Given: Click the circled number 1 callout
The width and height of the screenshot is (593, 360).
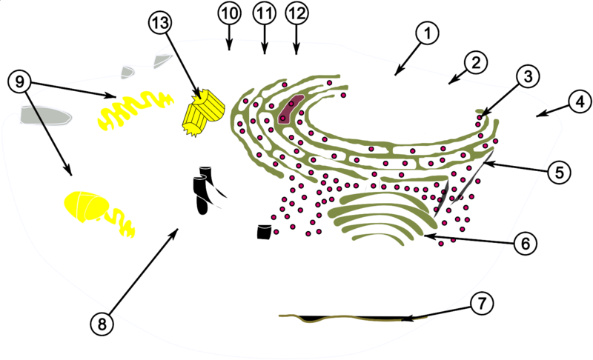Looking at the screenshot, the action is tap(427, 33).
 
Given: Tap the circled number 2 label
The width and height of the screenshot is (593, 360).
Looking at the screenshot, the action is tap(475, 62).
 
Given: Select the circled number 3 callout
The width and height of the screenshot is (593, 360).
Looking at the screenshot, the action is tap(528, 76).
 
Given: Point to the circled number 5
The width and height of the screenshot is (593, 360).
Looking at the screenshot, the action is tap(559, 172).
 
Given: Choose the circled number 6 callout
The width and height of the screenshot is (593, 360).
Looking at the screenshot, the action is tap(526, 244).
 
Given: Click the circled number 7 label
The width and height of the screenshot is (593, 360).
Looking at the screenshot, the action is tap(481, 304).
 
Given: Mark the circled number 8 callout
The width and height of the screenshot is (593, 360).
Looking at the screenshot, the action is tap(102, 324).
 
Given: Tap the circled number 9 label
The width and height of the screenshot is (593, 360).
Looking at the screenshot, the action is tap(20, 81).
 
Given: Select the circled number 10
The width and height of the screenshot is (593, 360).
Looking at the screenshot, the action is tap(229, 13).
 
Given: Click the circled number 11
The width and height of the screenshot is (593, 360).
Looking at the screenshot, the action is tap(265, 13).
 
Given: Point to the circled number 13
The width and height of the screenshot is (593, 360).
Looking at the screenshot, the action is tap(159, 23).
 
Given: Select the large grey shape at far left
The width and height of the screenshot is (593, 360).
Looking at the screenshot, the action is tap(45, 116).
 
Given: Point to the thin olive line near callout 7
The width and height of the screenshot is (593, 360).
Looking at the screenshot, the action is tap(351, 318).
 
